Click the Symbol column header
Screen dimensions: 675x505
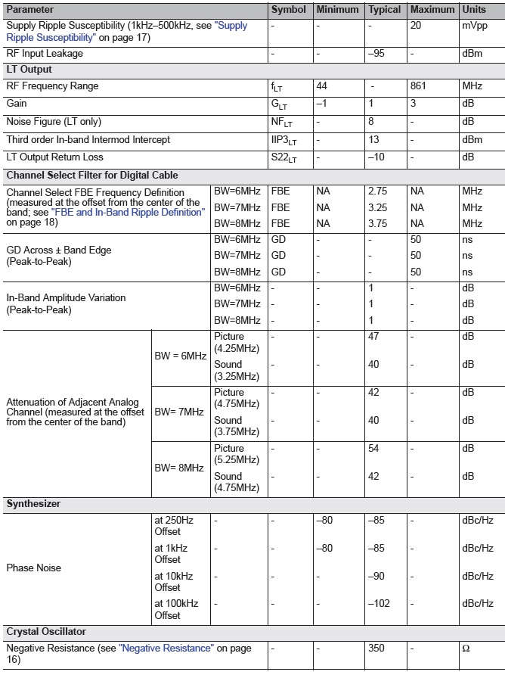(x=288, y=10)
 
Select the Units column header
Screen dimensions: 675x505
(x=474, y=10)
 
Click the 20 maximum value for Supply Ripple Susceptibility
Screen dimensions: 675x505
(x=416, y=26)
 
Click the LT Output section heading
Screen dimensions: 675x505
(x=29, y=70)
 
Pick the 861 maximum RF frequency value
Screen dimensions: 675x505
(x=418, y=86)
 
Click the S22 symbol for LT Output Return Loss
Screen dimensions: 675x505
(x=284, y=157)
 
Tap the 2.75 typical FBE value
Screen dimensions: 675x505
(x=378, y=192)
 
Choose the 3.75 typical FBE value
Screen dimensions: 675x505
(x=378, y=223)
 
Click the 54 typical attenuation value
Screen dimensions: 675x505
(x=373, y=449)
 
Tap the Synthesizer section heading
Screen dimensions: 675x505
(x=33, y=503)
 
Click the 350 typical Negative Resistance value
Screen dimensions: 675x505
(x=376, y=649)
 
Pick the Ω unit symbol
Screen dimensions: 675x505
(x=466, y=649)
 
